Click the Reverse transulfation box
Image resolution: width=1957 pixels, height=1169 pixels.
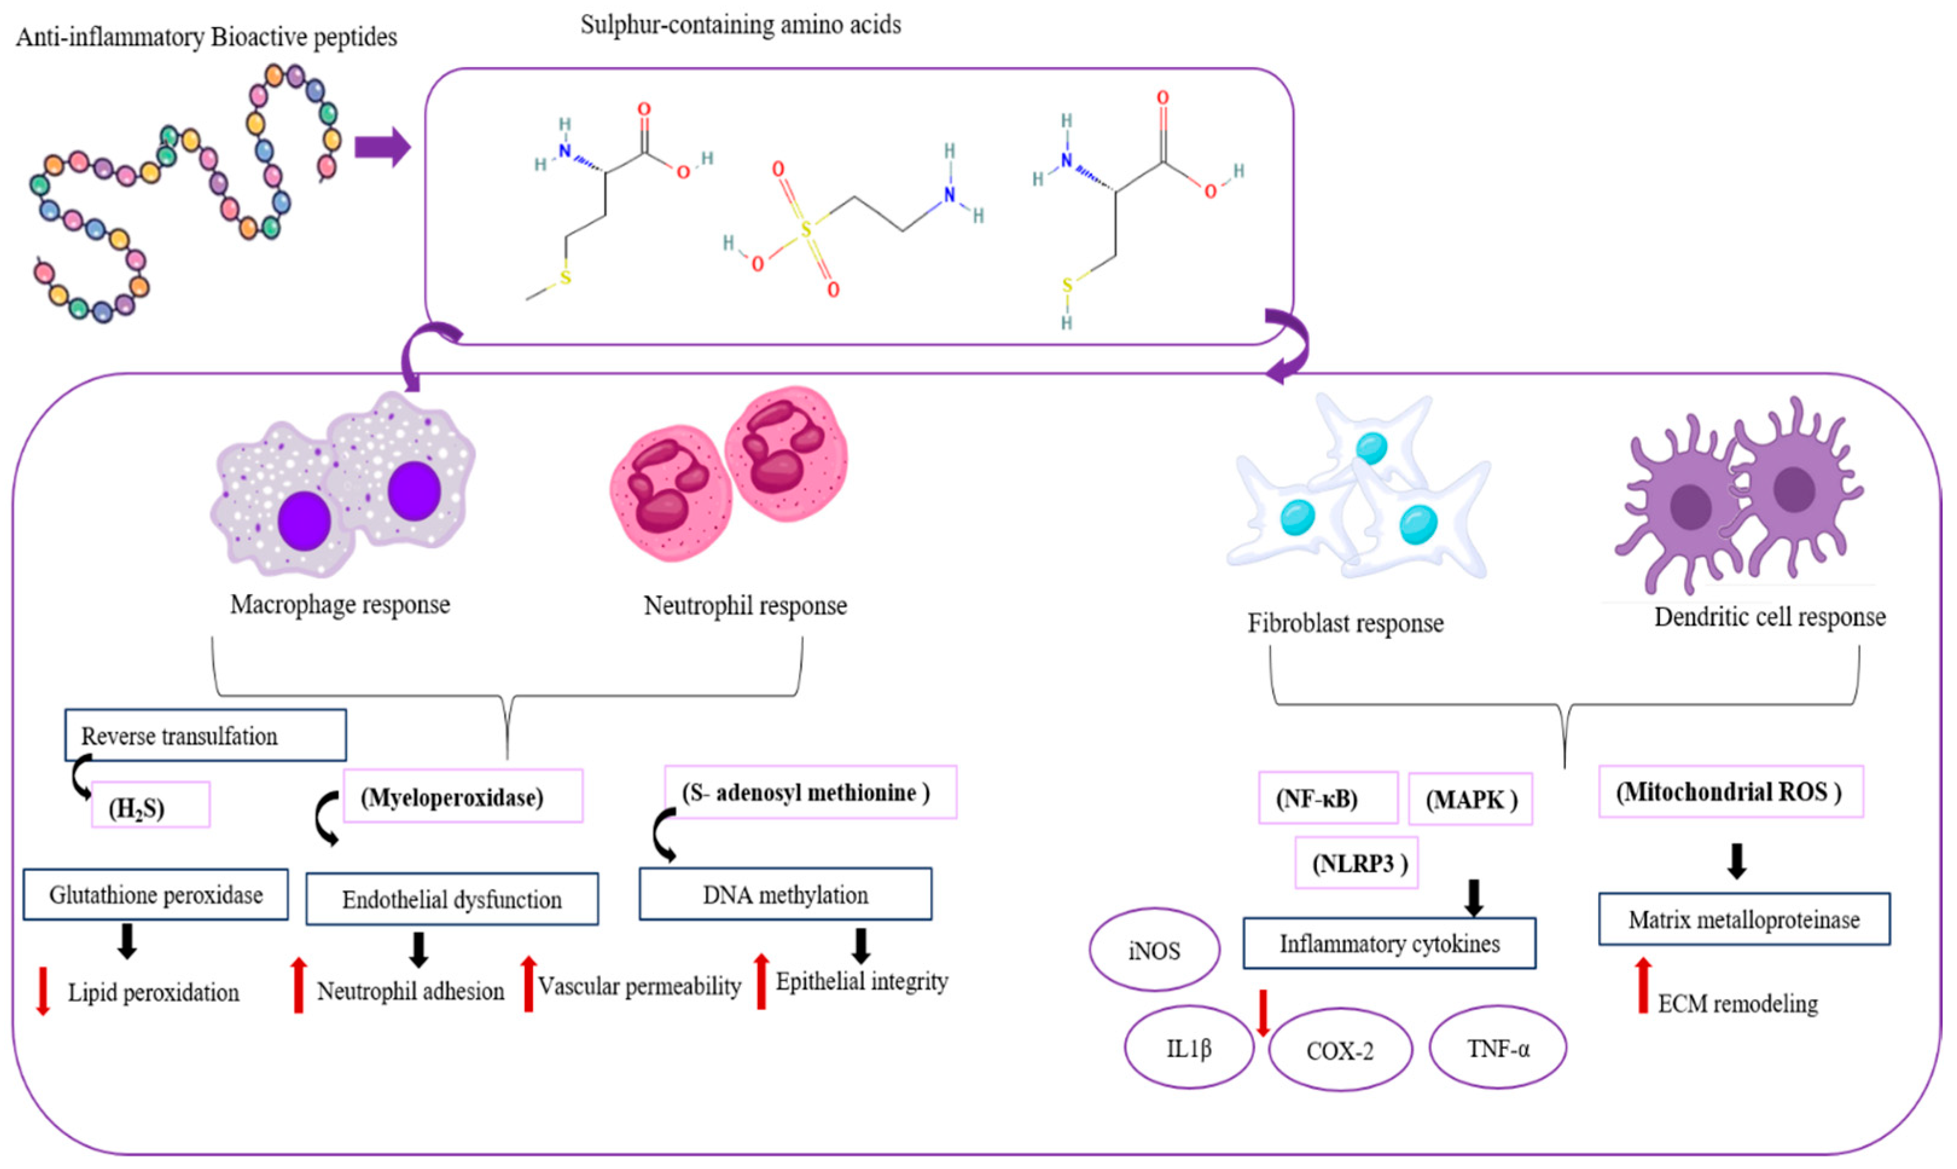click(205, 735)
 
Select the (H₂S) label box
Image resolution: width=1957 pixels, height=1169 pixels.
click(150, 804)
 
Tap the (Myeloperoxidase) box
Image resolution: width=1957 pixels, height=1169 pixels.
click(463, 796)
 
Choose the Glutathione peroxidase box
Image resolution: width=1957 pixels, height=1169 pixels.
click(155, 894)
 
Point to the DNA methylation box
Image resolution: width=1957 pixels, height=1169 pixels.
click(784, 894)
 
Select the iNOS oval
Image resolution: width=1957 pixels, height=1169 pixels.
click(1154, 949)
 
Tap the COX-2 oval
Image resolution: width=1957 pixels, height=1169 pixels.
click(1339, 1050)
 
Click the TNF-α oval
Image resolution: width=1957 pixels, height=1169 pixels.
click(1497, 1047)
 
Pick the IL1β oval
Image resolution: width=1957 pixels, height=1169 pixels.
click(1188, 1047)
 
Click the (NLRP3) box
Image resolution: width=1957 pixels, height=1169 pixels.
click(1356, 863)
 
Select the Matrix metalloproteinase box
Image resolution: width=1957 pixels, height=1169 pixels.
click(1744, 918)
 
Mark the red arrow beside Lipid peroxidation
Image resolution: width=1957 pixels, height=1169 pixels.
click(43, 990)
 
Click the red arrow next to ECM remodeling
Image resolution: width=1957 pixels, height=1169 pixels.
click(1643, 985)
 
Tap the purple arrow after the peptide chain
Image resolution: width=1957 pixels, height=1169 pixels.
click(382, 147)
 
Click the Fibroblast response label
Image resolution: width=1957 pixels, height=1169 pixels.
click(1345, 623)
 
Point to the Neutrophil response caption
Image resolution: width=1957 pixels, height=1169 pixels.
click(745, 605)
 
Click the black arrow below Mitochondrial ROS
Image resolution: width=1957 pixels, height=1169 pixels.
click(1736, 861)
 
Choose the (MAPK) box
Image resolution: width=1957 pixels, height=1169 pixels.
click(1470, 799)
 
